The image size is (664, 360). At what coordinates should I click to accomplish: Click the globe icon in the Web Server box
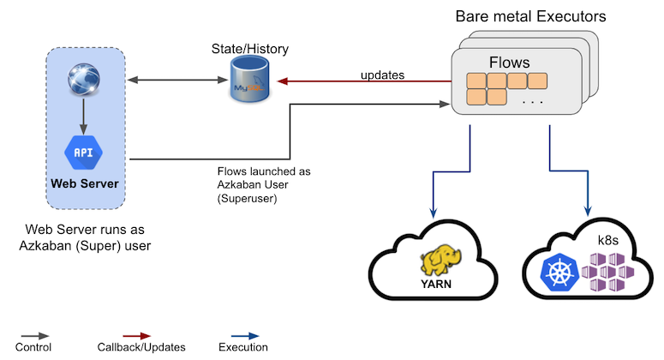click(x=84, y=83)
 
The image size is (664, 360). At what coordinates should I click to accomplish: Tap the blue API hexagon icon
click(x=84, y=152)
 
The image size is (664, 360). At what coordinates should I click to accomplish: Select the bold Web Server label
click(x=84, y=183)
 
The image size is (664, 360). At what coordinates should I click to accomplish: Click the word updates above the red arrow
click(x=382, y=75)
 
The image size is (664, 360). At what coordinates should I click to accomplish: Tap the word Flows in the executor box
click(x=510, y=63)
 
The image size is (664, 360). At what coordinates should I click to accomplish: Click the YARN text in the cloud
click(x=434, y=282)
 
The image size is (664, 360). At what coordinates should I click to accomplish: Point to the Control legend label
click(x=34, y=347)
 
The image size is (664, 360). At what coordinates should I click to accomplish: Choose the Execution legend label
click(x=243, y=347)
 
